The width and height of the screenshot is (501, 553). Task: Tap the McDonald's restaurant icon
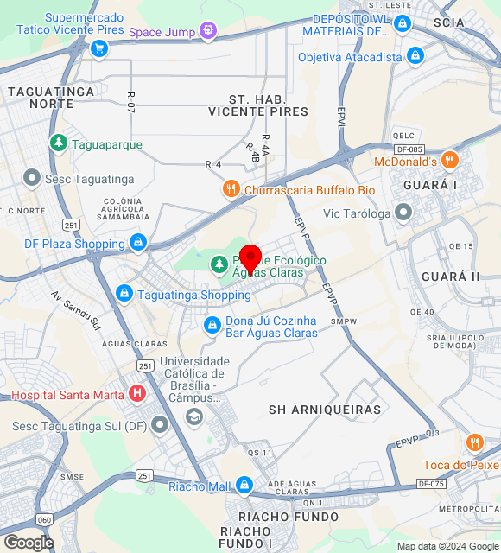click(x=449, y=161)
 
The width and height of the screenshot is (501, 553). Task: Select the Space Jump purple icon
click(x=207, y=32)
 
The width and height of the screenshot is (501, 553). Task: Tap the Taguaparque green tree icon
click(x=58, y=143)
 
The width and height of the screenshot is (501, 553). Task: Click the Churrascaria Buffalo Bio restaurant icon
click(x=230, y=189)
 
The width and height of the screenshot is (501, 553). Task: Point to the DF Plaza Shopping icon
click(x=137, y=244)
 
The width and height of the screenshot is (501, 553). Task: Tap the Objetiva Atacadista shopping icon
click(x=415, y=56)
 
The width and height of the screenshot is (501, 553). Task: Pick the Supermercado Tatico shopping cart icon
click(x=98, y=48)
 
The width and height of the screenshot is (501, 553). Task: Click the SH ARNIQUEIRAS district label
click(x=325, y=410)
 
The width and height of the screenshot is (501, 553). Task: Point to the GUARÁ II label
click(x=450, y=276)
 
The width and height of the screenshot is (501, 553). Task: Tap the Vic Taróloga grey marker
click(x=403, y=213)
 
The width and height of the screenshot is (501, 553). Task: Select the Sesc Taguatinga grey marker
click(x=32, y=178)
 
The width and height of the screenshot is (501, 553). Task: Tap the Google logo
click(x=29, y=542)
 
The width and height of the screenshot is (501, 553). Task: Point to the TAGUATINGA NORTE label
click(x=40, y=97)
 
